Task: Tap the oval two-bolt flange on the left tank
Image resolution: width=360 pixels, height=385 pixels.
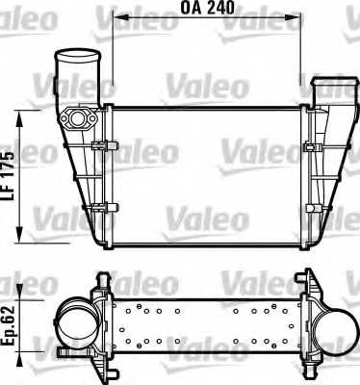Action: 77,119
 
